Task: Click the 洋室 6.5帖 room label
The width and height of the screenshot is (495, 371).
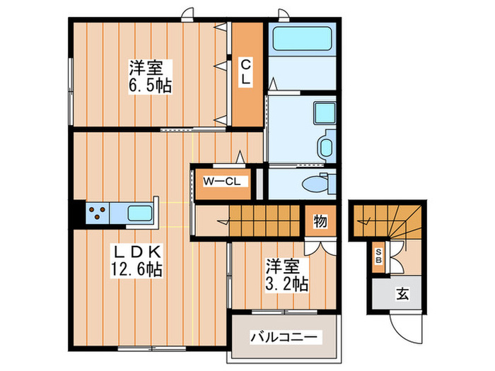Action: [150, 78]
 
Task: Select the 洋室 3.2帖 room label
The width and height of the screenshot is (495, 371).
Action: [286, 276]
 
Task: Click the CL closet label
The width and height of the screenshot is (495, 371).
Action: [245, 72]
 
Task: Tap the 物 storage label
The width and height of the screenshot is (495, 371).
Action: [320, 222]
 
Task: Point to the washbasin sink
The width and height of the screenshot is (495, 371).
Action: [326, 147]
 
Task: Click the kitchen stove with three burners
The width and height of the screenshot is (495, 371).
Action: [98, 212]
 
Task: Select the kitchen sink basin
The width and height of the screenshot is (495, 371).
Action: [139, 212]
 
